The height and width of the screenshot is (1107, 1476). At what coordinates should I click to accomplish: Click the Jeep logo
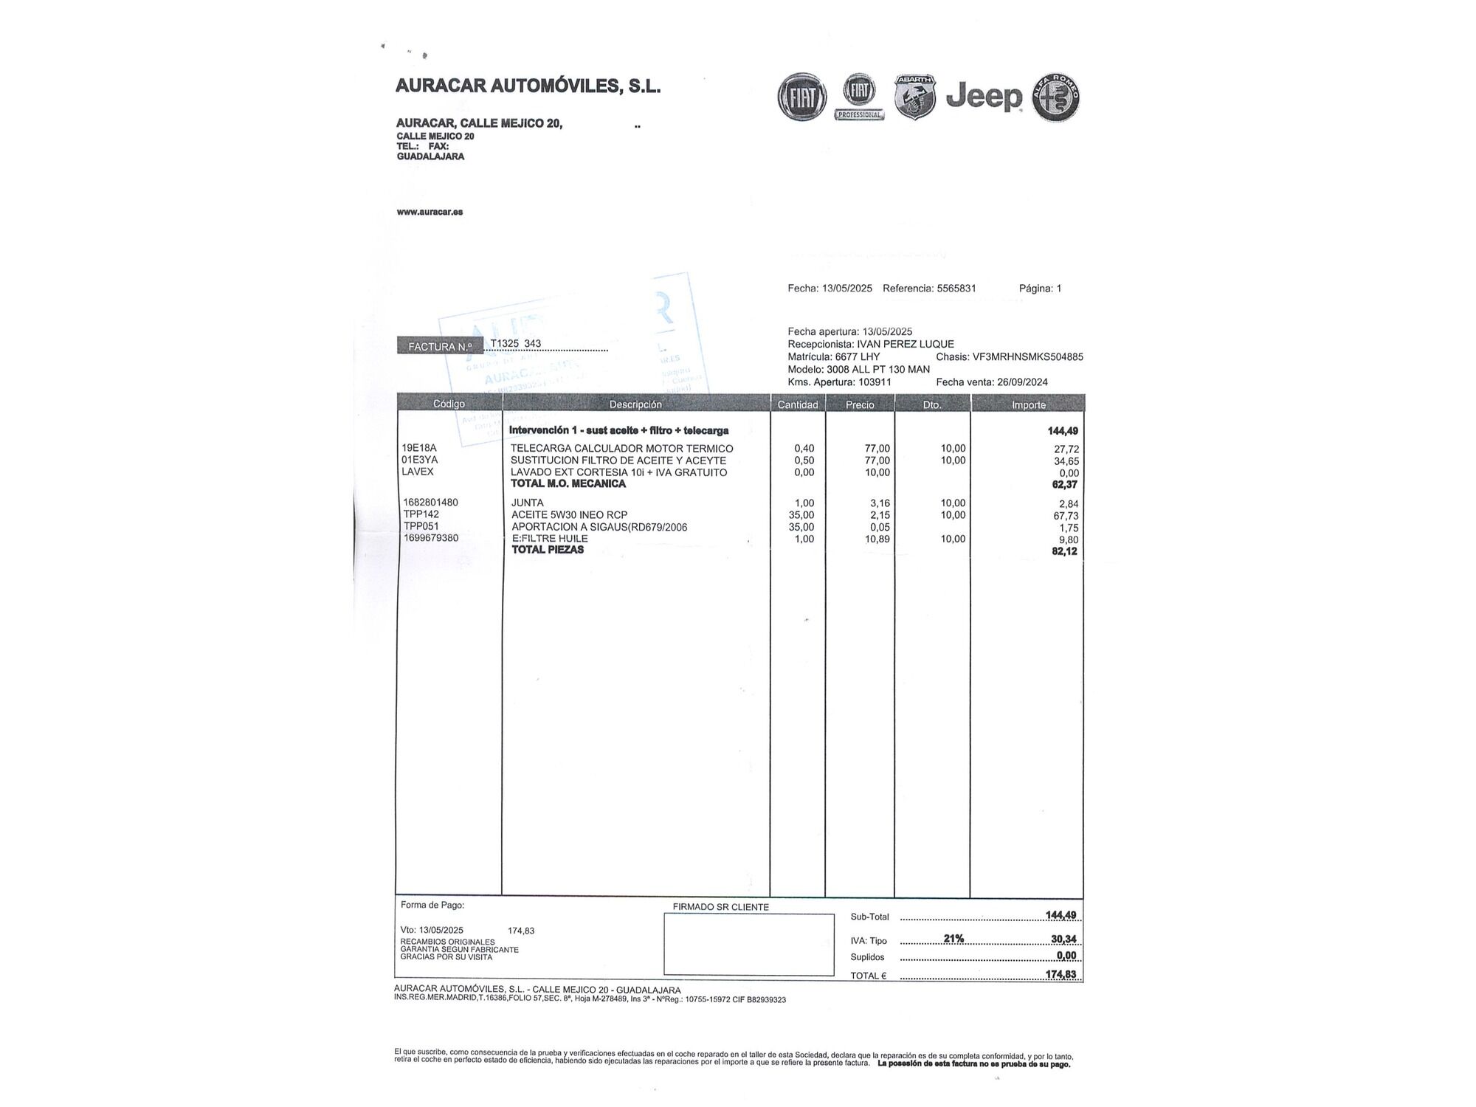pos(984,97)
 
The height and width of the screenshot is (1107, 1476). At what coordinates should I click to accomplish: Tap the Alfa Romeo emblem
pos(1056,97)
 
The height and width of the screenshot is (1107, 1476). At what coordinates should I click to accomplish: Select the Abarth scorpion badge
pos(915,97)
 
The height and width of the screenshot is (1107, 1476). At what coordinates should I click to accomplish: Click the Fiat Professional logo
pos(860,96)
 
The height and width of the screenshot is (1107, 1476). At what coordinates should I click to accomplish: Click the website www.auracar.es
pos(430,212)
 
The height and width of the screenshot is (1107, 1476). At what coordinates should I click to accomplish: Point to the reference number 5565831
pos(956,289)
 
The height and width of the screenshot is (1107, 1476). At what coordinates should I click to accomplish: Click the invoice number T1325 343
pos(516,343)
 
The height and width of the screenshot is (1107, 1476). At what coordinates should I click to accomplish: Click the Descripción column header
pos(635,404)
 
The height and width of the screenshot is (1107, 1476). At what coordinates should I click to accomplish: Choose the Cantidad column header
pos(798,404)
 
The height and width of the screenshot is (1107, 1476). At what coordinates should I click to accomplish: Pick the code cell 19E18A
pos(419,448)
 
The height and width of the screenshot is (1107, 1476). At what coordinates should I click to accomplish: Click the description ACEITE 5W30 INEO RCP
pos(569,514)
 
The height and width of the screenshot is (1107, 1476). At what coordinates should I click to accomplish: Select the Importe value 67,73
pos(1066,516)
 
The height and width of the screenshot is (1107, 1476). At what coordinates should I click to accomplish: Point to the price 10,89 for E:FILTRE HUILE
pos(877,539)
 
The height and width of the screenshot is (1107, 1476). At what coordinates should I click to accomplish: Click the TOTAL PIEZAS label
pos(548,550)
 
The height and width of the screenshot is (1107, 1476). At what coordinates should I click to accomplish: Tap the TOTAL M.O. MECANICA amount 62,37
pos(1064,485)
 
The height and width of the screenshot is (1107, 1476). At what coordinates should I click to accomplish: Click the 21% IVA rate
pos(953,939)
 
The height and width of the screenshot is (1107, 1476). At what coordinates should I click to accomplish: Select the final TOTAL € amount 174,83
pos(1061,974)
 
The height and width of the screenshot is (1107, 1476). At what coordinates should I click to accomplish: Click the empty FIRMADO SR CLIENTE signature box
pos(748,944)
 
